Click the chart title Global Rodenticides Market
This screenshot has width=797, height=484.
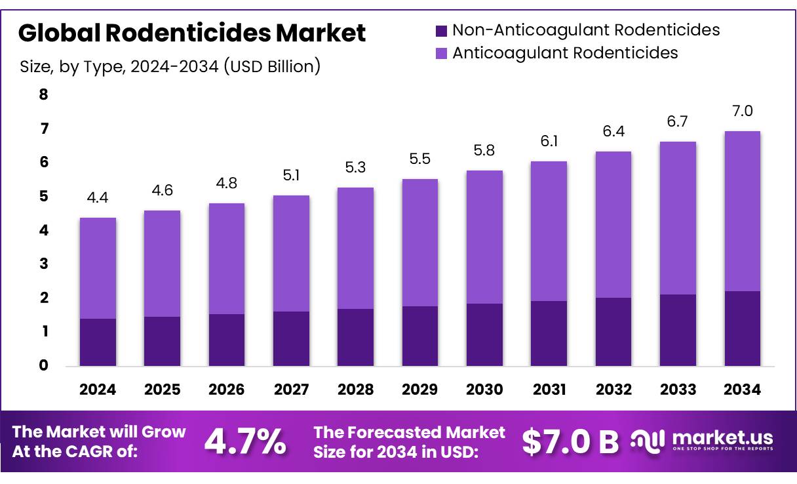192,33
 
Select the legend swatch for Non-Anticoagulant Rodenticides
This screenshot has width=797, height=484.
441,30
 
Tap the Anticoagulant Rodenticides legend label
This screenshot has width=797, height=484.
565,52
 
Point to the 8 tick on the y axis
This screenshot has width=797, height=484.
43,94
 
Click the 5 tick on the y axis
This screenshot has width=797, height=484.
43,196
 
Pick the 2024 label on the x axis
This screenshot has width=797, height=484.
98,390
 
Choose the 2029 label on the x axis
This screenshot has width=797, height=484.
420,390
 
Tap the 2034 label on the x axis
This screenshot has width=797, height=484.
743,390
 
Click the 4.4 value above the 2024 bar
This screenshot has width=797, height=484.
98,198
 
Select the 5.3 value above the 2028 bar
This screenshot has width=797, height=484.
355,168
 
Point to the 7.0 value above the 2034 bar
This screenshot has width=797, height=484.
743,111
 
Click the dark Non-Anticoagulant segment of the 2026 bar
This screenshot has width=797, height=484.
227,340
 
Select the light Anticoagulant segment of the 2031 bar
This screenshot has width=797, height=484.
549,231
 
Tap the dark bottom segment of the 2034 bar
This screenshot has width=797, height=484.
743,328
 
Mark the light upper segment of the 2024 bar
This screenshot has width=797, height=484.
98,268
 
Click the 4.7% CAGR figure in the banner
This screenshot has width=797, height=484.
245,441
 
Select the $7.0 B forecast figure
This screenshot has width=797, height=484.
570,442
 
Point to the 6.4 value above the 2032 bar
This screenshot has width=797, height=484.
613,131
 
